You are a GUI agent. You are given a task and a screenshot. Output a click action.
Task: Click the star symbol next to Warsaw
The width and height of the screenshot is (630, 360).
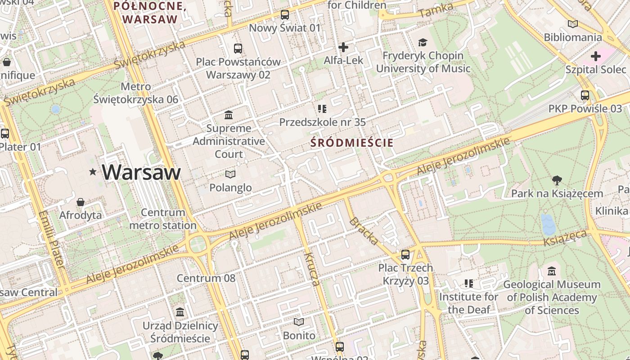(93, 172)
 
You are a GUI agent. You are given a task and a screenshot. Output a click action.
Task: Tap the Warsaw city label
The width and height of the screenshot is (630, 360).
(141, 172)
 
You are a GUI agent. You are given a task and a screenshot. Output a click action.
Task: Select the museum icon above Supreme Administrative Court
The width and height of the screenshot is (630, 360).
(229, 115)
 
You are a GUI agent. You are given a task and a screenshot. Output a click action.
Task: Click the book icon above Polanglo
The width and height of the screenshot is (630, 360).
(230, 174)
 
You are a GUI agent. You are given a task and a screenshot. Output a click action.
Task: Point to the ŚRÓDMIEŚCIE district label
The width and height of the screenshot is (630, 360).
(352, 143)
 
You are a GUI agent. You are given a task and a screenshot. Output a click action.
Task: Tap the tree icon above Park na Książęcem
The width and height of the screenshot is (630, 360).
(557, 180)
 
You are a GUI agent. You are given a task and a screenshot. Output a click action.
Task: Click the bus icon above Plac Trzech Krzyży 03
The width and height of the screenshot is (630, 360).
(405, 255)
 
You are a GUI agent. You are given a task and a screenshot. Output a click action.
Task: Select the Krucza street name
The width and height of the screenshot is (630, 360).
(311, 269)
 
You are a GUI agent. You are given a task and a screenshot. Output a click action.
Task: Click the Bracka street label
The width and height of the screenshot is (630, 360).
(364, 231)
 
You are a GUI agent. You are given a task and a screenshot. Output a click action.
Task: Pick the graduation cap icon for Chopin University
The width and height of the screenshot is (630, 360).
(423, 42)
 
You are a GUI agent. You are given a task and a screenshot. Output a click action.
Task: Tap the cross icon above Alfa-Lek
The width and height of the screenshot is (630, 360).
(343, 47)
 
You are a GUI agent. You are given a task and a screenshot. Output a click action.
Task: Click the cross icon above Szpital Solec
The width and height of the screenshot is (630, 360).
(596, 56)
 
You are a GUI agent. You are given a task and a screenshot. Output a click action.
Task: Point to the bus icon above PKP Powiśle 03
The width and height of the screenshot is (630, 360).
(585, 95)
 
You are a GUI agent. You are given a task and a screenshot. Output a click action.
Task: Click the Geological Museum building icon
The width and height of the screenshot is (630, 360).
(552, 271)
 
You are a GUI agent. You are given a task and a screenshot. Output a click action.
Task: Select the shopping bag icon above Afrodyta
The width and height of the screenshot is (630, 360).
(81, 202)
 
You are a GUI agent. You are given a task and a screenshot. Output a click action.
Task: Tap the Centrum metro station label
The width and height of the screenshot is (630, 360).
(163, 219)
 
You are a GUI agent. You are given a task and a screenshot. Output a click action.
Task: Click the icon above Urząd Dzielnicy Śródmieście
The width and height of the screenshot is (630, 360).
(180, 312)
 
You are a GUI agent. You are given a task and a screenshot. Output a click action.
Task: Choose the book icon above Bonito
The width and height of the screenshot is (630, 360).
(299, 322)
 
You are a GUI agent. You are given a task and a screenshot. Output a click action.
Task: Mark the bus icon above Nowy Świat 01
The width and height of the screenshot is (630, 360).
(285, 14)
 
